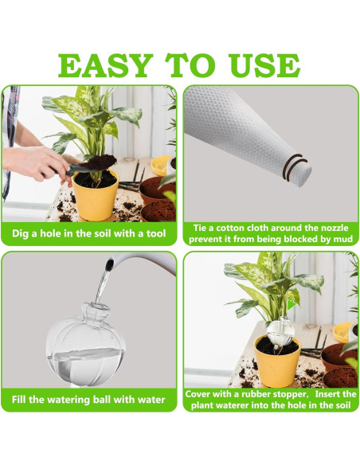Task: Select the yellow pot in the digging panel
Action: point(95,194)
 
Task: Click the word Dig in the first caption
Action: point(22,234)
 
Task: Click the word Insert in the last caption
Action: point(327,393)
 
